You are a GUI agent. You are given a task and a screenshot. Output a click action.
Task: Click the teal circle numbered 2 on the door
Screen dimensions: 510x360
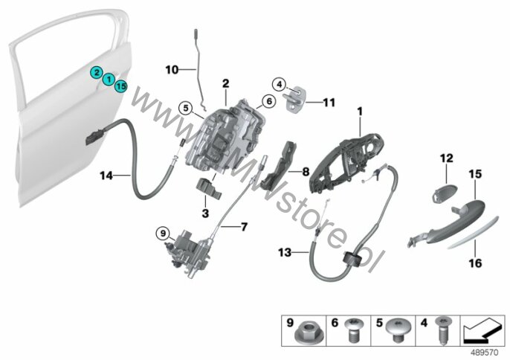coord(97,73)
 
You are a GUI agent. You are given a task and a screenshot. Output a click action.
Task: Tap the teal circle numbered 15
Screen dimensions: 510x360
coord(120,86)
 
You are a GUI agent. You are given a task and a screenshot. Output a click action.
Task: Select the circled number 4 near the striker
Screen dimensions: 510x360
coord(279,85)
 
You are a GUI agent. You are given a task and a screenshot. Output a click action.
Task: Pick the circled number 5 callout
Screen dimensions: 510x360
coord(185,108)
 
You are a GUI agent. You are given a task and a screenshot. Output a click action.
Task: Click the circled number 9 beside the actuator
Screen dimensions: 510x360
coord(163,233)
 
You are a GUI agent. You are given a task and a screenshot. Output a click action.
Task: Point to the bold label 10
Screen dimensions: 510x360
coord(172,70)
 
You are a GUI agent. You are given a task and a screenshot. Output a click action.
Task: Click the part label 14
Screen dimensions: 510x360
coord(106,176)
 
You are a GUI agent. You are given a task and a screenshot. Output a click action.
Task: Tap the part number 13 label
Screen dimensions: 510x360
coord(285,252)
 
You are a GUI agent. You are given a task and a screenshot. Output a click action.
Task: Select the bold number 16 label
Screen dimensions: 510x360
coord(475,263)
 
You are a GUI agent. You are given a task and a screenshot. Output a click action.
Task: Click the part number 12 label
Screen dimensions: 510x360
coord(447,158)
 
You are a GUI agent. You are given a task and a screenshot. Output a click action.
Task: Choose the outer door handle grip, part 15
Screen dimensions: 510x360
coord(455,224)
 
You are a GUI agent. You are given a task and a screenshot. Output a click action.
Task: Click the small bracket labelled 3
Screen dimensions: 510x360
coord(208,188)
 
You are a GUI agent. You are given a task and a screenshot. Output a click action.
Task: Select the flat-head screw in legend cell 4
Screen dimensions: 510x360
coord(441,330)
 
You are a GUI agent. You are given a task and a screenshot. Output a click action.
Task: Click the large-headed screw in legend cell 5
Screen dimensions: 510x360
coord(397,330)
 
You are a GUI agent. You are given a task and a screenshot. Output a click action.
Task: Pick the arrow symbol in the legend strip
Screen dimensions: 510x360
coord(482,331)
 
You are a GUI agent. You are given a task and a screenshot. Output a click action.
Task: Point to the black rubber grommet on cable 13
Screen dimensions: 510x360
coord(352,260)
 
